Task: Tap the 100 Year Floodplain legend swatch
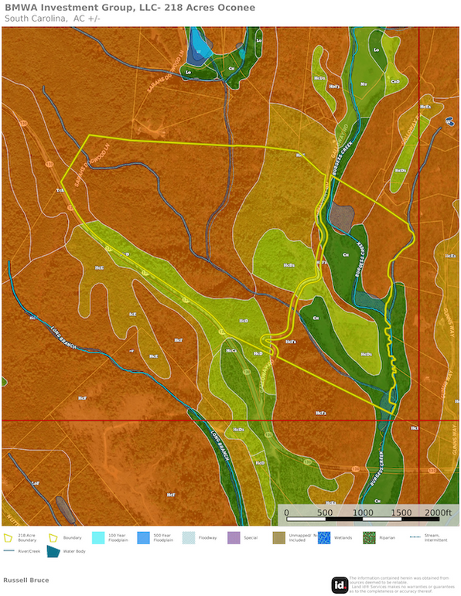point(98,536)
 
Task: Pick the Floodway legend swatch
point(189,536)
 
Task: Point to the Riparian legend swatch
point(369,536)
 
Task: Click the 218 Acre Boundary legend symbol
point(9,536)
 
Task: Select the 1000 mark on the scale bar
point(361,513)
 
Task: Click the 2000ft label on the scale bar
point(437,513)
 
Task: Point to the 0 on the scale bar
point(286,513)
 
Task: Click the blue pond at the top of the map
point(200,43)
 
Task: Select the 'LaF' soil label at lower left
point(35,482)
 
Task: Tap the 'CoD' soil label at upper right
point(394,81)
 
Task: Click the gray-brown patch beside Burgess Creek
point(343,217)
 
